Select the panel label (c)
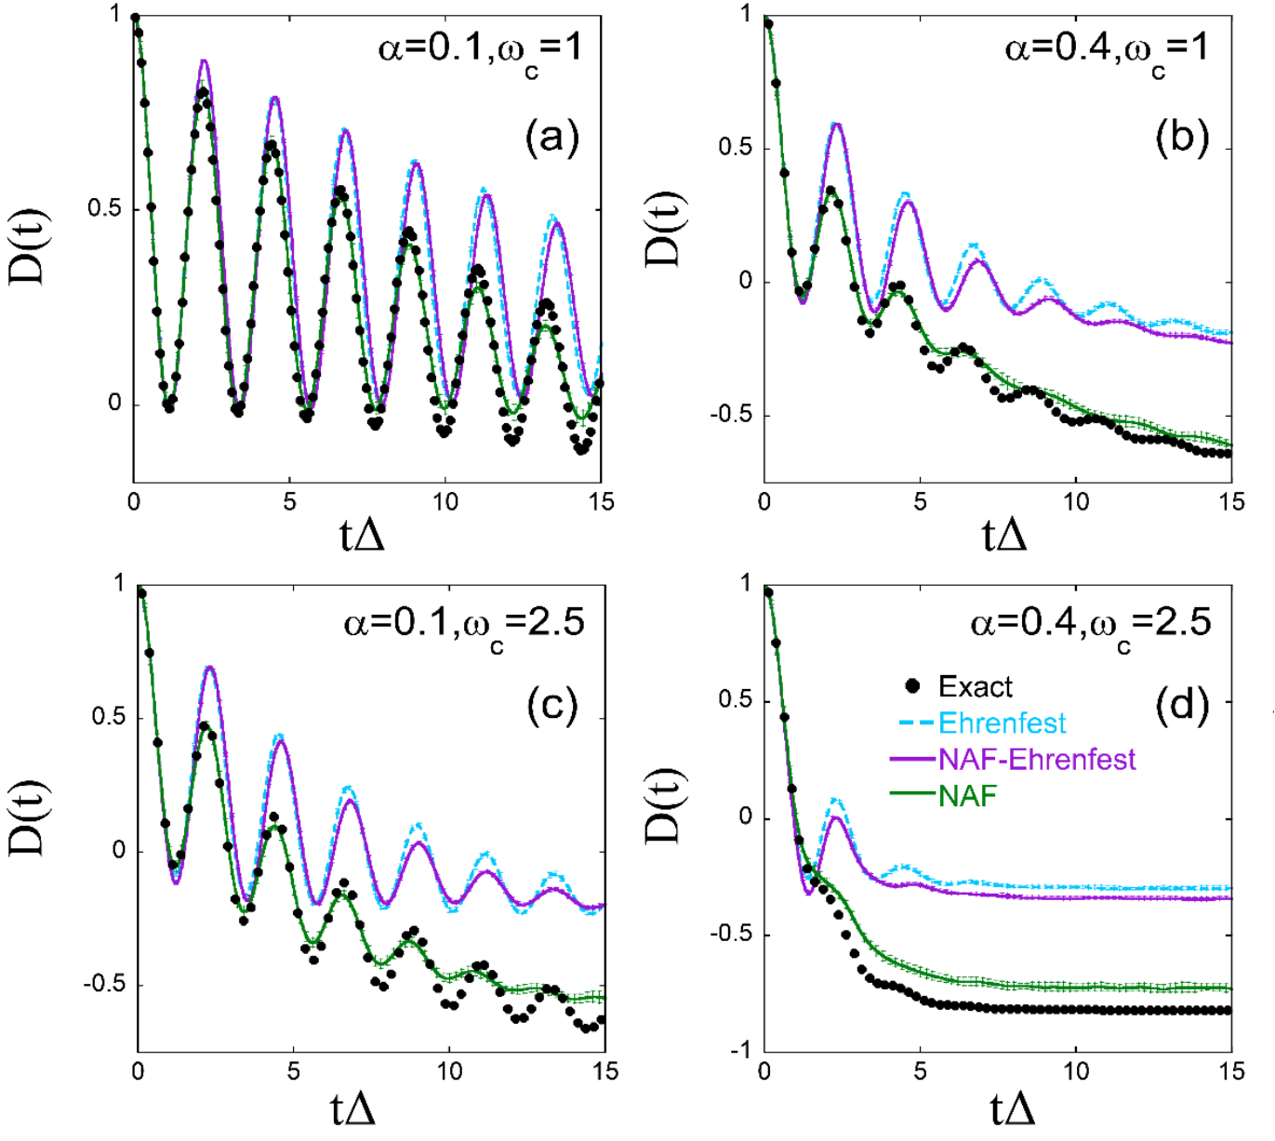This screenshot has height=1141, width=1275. click(552, 707)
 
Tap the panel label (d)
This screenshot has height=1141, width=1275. click(1182, 707)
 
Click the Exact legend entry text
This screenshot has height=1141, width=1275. click(975, 687)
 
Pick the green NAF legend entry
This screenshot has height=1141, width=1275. click(967, 796)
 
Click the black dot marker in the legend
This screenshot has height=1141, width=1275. click(912, 687)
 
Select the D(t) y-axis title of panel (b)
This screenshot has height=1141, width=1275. click(666, 229)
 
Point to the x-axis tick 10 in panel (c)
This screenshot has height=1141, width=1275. click(450, 1072)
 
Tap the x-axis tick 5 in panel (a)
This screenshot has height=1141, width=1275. click(290, 502)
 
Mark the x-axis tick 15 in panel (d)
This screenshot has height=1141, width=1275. click(1230, 1072)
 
